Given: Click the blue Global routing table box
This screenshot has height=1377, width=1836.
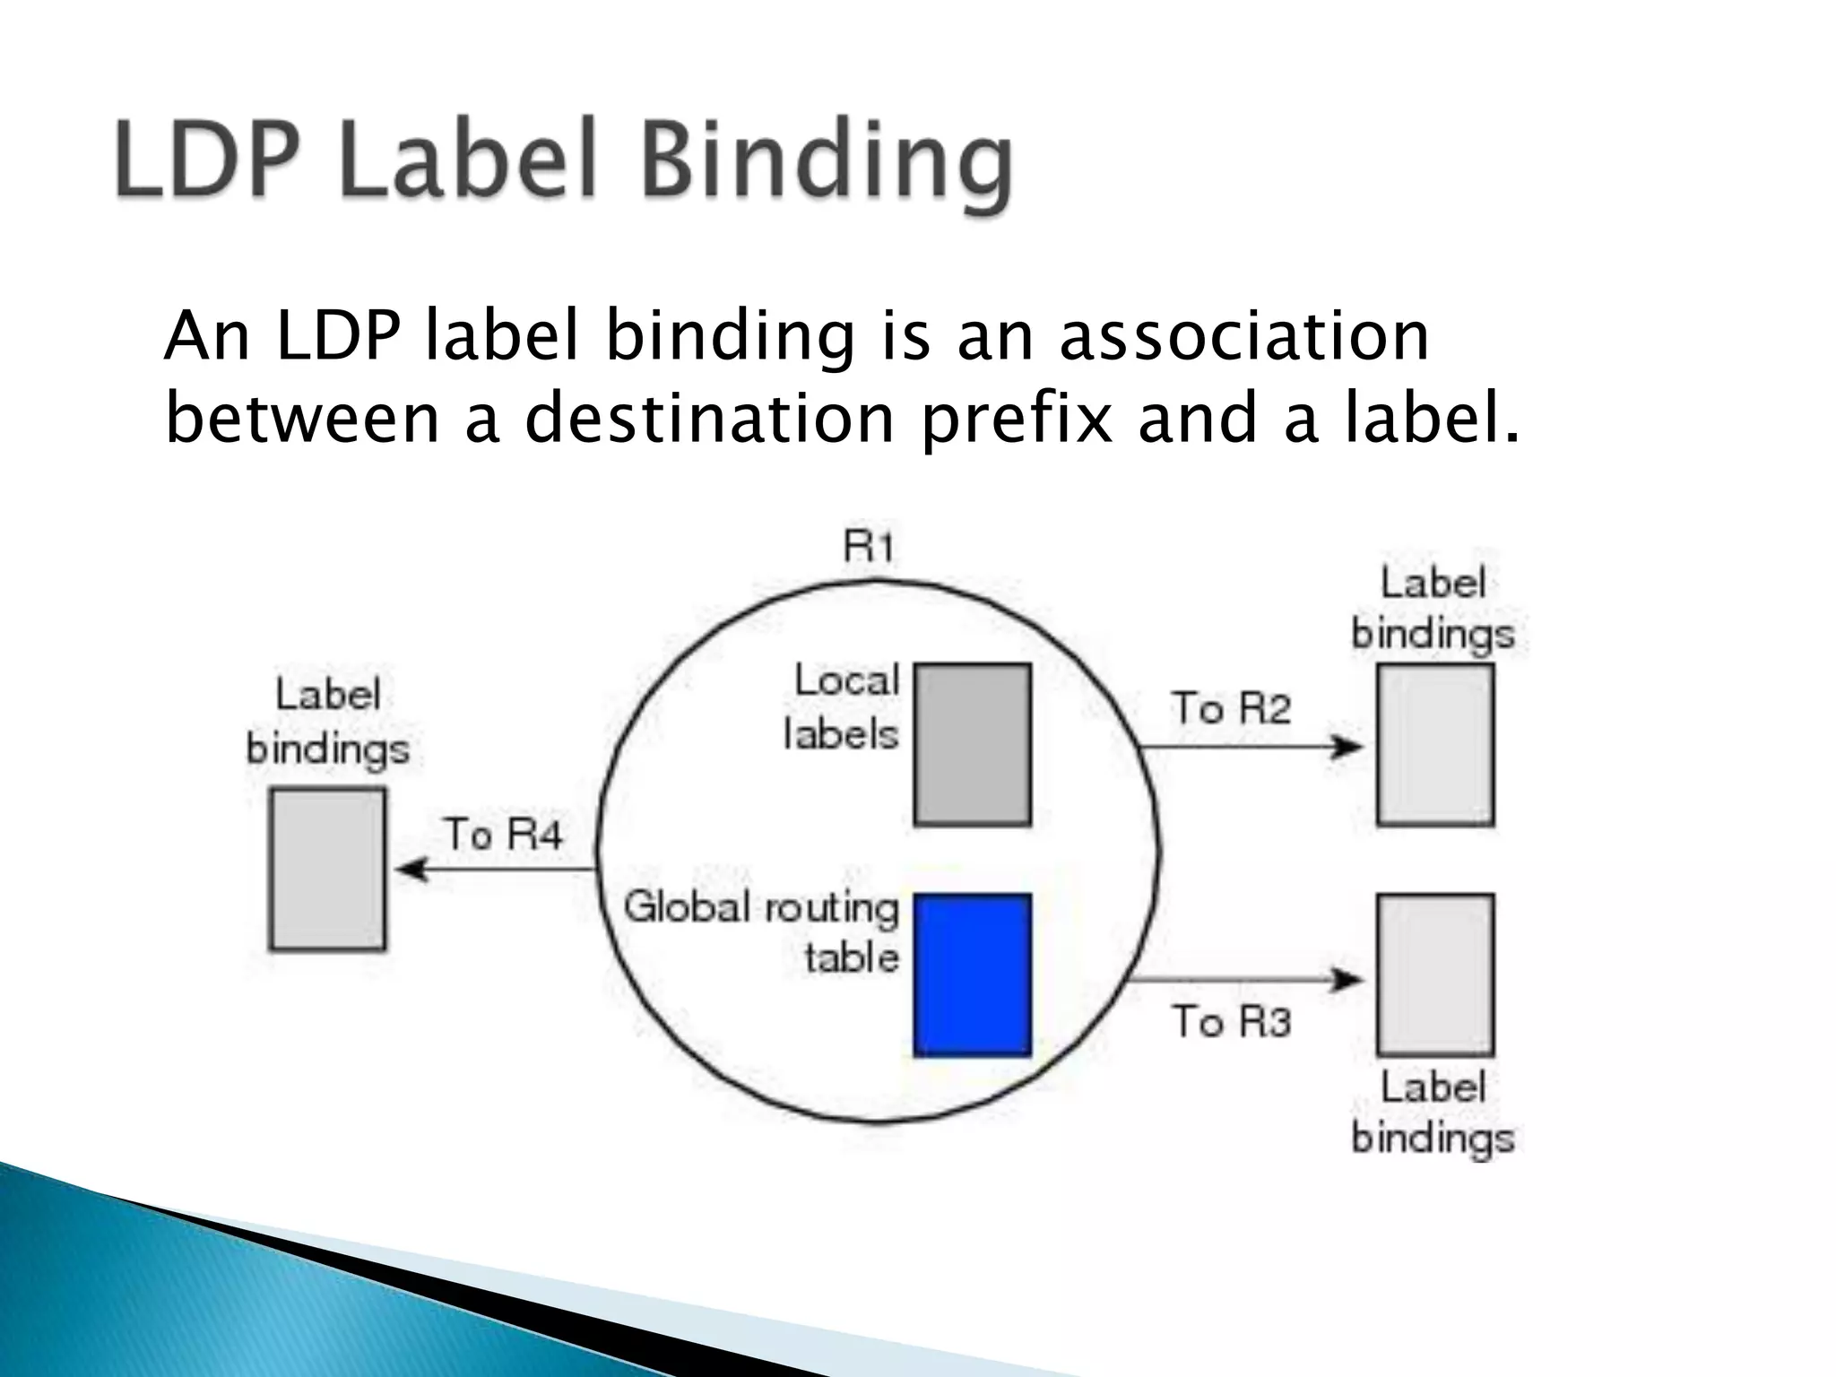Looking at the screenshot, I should [973, 974].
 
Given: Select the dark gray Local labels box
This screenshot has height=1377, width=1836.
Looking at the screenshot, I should [973, 744].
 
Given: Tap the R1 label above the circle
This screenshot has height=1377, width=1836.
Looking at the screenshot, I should [869, 546].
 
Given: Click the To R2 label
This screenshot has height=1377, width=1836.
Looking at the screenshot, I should [1230, 708].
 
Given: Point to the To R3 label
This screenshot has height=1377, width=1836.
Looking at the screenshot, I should [1231, 1022].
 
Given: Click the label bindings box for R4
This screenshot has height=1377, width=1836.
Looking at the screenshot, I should [328, 869].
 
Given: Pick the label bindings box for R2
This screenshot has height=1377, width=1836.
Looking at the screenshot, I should [1435, 744].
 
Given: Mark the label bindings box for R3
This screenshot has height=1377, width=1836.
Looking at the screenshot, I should [1435, 974].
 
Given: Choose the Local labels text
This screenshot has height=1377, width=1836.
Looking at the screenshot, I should [843, 707].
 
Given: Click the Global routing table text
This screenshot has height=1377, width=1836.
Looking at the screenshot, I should [762, 932].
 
